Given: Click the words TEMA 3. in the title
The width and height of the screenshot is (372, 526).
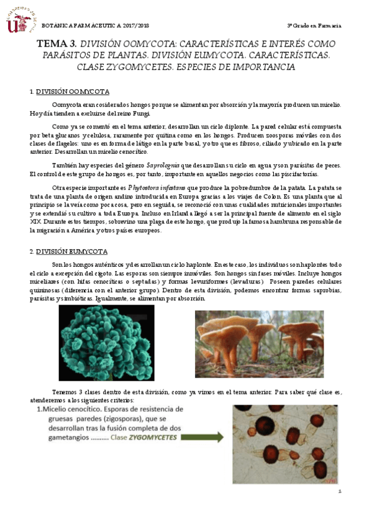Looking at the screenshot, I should (57, 44).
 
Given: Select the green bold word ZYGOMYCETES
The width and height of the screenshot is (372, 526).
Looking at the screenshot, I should (153, 437).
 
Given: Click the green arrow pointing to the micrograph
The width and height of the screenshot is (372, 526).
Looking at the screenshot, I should (202, 437).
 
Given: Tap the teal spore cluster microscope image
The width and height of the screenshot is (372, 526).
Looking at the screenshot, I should (106, 342).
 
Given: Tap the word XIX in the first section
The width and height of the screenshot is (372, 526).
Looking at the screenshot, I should (35, 221).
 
